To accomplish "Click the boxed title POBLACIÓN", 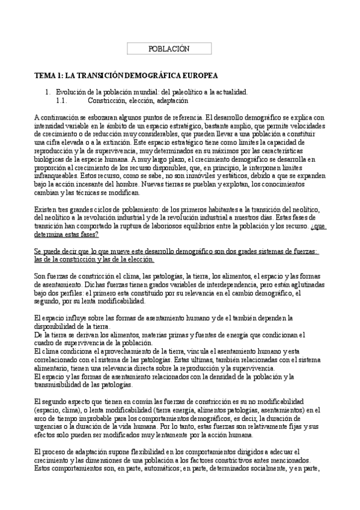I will click(x=168, y=49).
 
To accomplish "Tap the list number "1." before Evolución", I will click(x=49, y=92).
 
